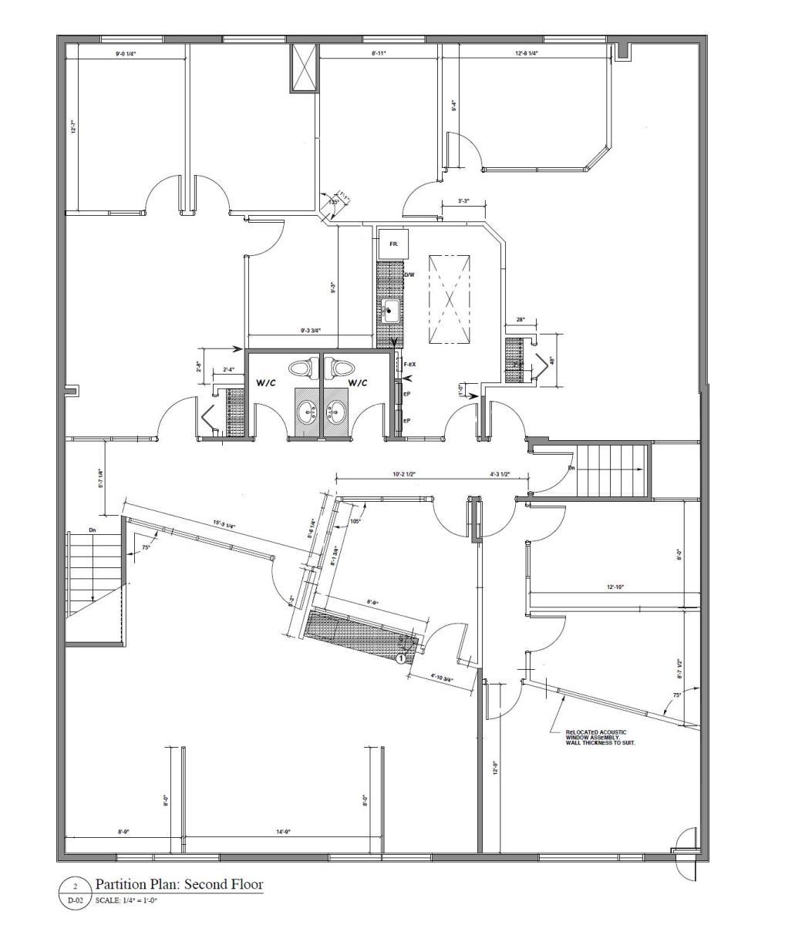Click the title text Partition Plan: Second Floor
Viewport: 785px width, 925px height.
(x=178, y=884)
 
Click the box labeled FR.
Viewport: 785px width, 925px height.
(x=392, y=244)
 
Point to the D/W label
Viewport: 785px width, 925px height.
(x=409, y=275)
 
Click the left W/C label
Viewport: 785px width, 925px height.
(x=268, y=382)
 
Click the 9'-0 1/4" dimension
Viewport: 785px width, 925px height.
(x=126, y=54)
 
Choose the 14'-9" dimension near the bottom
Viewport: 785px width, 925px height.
(x=283, y=832)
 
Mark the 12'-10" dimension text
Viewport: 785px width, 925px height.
(x=615, y=587)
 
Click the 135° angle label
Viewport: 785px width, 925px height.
(x=334, y=202)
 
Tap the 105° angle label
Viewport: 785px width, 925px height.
(x=355, y=521)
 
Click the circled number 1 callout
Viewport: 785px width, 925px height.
(x=401, y=658)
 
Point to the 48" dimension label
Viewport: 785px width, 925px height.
(x=552, y=360)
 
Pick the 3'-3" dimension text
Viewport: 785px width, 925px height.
(x=463, y=200)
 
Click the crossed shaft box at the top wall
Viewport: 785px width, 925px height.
(x=303, y=68)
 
